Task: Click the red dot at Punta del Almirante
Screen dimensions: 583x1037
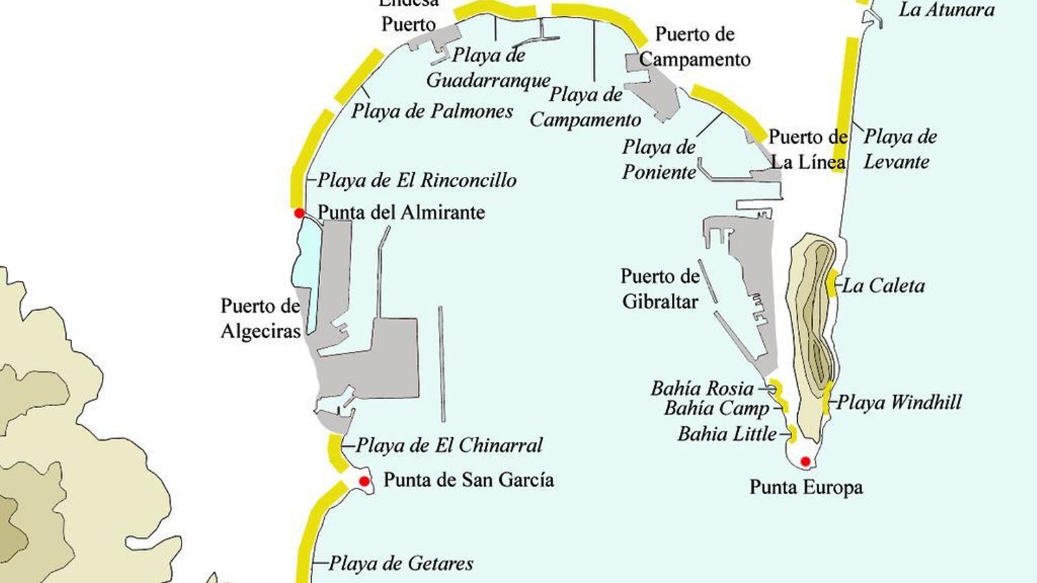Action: pyautogui.click(x=299, y=213)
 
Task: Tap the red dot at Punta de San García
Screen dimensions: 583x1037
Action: pyautogui.click(x=364, y=481)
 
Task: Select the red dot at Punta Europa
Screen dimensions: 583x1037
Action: pyautogui.click(x=805, y=461)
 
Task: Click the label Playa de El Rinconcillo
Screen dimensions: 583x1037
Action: pyautogui.click(x=417, y=180)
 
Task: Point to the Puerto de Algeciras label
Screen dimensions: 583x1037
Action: pyautogui.click(x=261, y=318)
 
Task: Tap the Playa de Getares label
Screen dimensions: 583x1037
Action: pyautogui.click(x=401, y=563)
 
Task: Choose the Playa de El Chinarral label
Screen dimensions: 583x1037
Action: pyautogui.click(x=449, y=446)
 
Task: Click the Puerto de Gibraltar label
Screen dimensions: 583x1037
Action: pyautogui.click(x=660, y=289)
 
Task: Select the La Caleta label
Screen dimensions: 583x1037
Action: pyautogui.click(x=883, y=286)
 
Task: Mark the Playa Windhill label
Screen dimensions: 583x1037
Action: pyautogui.click(x=899, y=402)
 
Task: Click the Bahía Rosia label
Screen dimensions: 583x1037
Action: pyautogui.click(x=702, y=389)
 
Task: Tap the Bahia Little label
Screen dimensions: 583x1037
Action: pyautogui.click(x=727, y=433)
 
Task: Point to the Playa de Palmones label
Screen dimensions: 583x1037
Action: pyautogui.click(x=432, y=111)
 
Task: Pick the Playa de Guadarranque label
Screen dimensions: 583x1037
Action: pyautogui.click(x=488, y=68)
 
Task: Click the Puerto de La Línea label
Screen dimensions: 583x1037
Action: pyautogui.click(x=808, y=150)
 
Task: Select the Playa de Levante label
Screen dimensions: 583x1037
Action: pyautogui.click(x=900, y=149)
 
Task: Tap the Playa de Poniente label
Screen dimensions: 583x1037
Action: pyautogui.click(x=658, y=159)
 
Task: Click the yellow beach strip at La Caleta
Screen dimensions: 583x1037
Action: pyautogui.click(x=832, y=282)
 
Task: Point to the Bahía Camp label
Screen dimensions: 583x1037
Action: pyautogui.click(x=716, y=408)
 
